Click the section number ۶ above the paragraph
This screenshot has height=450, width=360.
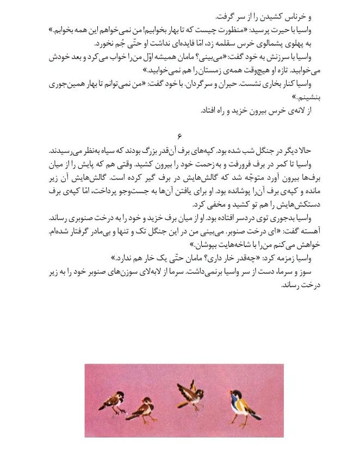pyautogui.click(x=179, y=134)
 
